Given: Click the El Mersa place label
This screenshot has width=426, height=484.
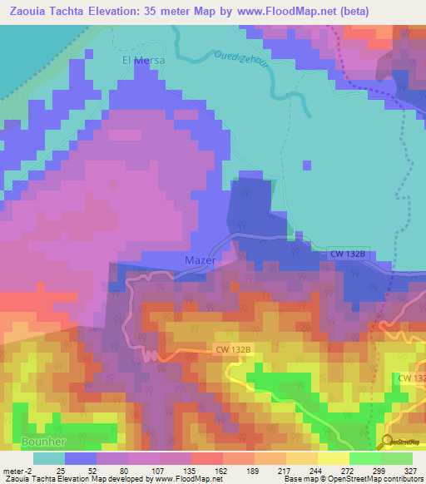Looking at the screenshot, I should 143,61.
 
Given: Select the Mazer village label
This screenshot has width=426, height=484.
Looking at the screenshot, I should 199,260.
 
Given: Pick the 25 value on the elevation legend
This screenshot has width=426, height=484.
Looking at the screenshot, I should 61,470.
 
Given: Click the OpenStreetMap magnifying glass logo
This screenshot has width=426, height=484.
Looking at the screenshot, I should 388,441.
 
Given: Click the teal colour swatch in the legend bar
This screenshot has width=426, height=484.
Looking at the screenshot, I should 48,458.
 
